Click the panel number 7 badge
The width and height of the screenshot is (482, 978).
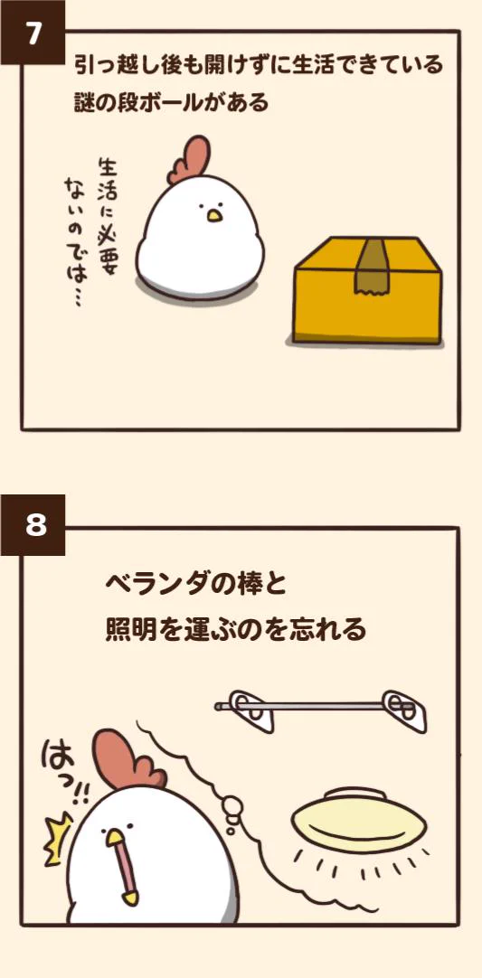pos(33,33)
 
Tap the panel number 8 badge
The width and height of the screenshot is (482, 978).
pos(33,524)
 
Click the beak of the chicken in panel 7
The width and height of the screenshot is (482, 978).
pos(214,216)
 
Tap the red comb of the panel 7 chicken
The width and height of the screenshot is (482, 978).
pos(189,160)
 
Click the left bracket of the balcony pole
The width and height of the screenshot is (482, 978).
pos(251,710)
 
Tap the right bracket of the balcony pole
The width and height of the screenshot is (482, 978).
pos(404,710)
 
